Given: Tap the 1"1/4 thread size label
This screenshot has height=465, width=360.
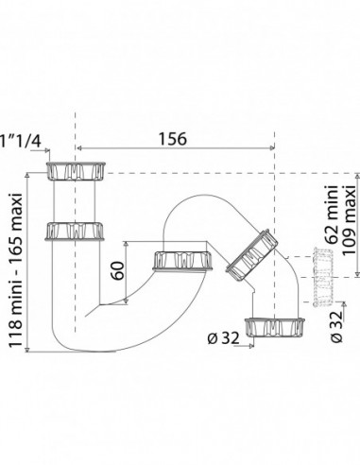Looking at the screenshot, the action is (x=21, y=141).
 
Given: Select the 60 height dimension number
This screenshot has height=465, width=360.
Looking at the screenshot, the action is (x=118, y=270).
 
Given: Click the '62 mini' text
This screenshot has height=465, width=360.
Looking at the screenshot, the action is (x=332, y=215).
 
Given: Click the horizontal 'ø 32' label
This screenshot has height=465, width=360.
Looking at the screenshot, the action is (x=223, y=338).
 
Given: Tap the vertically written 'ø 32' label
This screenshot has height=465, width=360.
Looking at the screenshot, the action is (x=336, y=327).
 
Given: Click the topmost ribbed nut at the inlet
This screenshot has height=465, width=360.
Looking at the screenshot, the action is (x=76, y=171).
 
